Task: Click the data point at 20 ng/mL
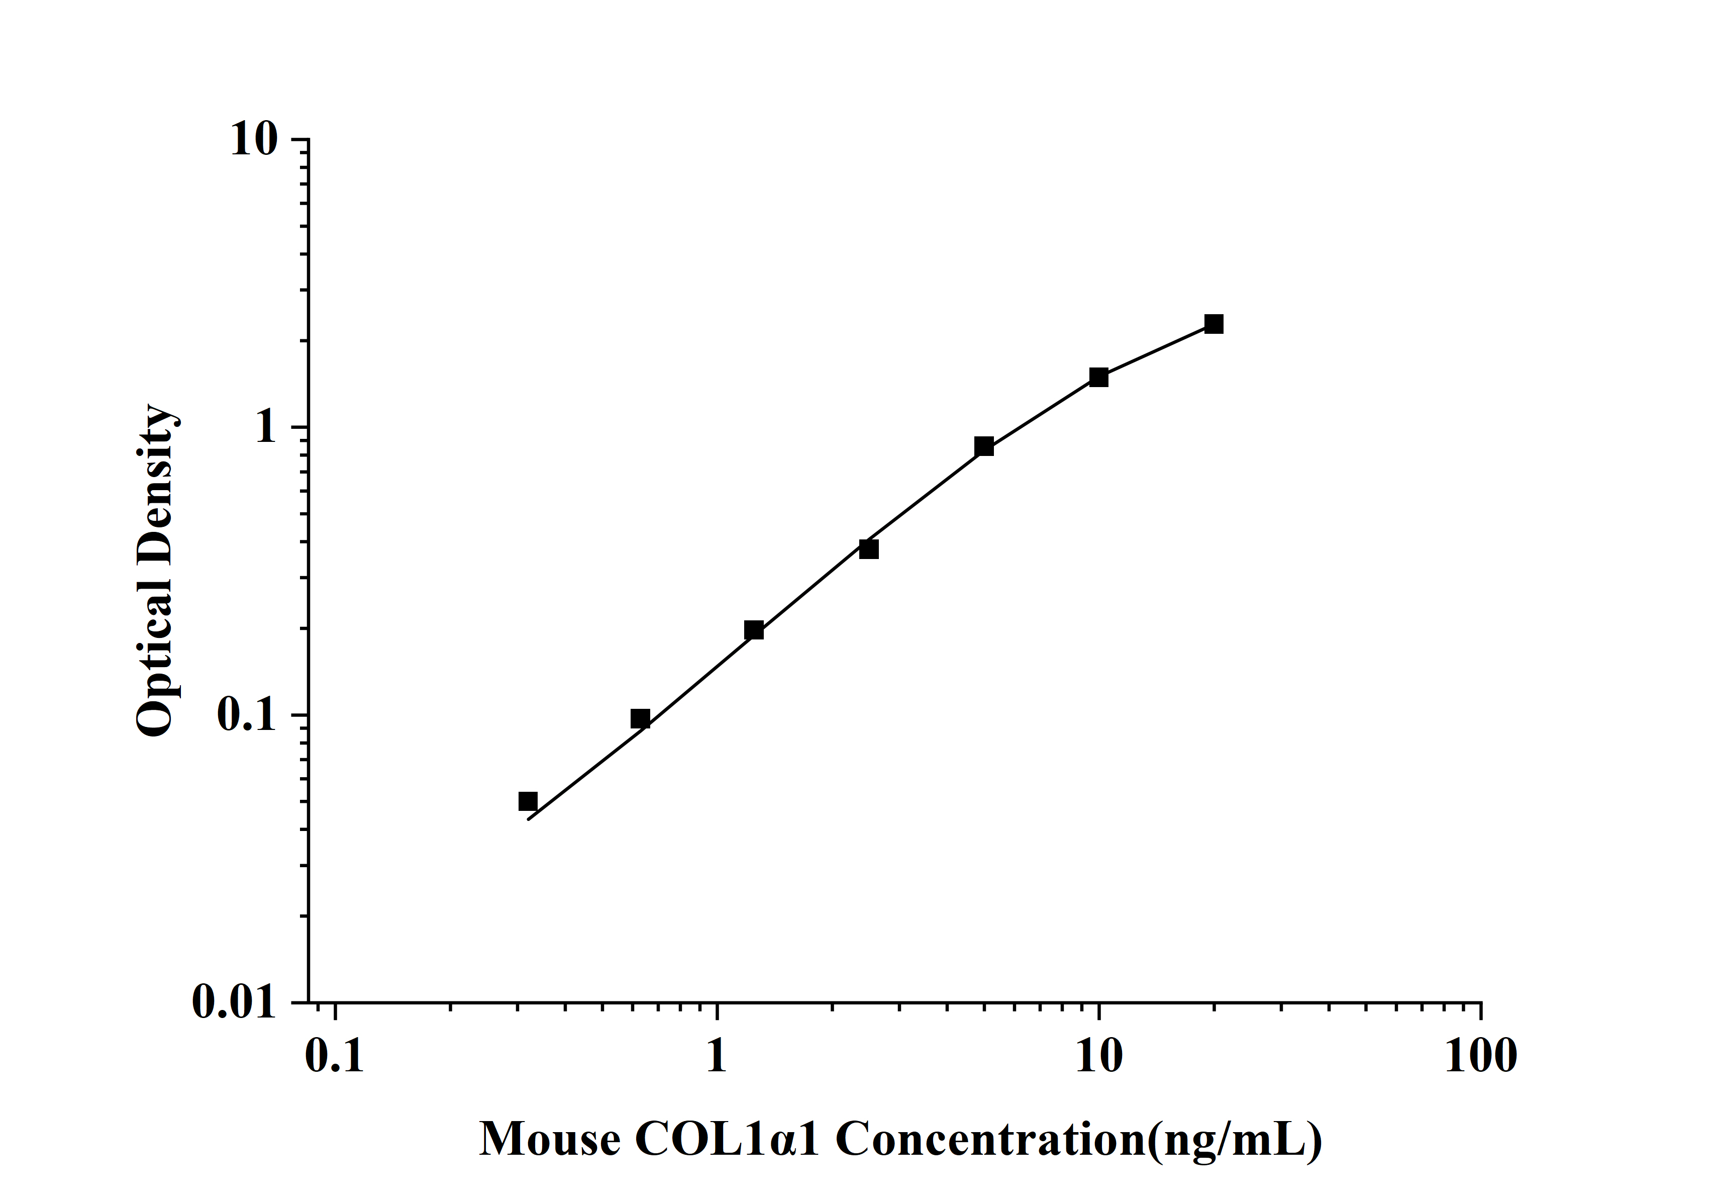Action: pos(1213,324)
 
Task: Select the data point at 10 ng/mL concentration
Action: pos(1098,377)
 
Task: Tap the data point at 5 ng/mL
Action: pos(983,446)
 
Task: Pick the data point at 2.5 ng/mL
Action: pos(868,549)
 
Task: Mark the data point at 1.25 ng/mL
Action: pos(754,630)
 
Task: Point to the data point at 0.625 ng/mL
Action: pos(640,719)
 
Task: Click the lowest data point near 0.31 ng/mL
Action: pos(528,801)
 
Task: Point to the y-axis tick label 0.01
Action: pos(234,1002)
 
